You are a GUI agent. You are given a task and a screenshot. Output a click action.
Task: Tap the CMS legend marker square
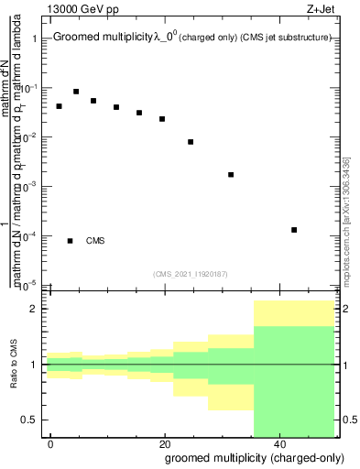coord(70,241)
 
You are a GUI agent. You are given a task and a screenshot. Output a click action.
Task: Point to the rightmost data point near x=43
coord(294,230)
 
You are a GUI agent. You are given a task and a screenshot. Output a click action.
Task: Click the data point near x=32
coord(231,174)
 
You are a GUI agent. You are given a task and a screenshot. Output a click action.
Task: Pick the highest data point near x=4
coord(76,92)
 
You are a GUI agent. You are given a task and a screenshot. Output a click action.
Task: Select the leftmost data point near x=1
coord(59,106)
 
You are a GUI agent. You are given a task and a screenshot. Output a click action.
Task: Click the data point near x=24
coord(191,142)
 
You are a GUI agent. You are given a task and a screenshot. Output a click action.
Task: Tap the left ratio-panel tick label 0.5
coord(30,420)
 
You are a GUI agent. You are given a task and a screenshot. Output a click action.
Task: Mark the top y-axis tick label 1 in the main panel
coord(34,38)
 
